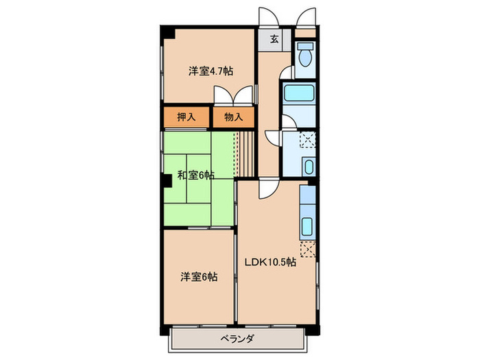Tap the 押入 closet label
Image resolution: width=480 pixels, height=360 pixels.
tap(187, 117)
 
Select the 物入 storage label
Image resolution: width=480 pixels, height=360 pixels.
tap(234, 117)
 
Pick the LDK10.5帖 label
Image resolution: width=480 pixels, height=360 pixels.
tap(272, 261)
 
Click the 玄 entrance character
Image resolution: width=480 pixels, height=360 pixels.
tap(274, 39)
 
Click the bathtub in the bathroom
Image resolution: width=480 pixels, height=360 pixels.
tap(298, 95)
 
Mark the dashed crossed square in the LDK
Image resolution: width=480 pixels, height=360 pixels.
tap(309, 249)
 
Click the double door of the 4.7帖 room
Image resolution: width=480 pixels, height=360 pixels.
tap(232, 96)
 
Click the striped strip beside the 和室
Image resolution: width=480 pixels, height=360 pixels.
tap(239, 152)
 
